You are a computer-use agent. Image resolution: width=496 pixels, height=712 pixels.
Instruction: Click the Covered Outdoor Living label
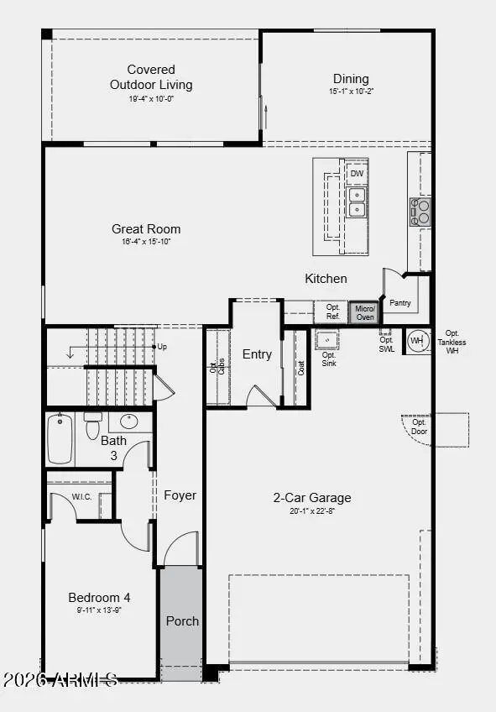151,77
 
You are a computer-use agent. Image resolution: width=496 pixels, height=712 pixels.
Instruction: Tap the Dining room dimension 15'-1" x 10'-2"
350,91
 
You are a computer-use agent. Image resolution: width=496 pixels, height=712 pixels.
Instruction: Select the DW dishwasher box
357,174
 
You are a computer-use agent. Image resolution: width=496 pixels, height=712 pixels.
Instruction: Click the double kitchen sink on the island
357,202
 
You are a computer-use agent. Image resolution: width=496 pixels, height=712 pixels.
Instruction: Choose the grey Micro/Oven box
364,313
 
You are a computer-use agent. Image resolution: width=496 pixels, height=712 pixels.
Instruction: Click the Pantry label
400,303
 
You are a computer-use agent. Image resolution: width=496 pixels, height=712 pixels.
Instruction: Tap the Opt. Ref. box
332,312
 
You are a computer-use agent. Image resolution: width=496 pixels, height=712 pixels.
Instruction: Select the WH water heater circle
416,341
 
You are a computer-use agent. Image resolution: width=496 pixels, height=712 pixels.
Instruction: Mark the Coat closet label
300,367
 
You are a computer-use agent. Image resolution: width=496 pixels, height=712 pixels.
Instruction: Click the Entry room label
257,354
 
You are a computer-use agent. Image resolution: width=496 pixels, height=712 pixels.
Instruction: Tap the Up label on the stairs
163,346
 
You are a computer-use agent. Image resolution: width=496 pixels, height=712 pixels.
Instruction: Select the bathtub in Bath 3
60,438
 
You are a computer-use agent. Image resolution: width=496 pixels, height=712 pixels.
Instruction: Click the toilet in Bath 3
93,427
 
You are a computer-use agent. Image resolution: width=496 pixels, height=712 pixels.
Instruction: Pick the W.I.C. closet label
81,496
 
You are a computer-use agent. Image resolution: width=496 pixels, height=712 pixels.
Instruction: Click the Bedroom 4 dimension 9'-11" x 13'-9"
99,610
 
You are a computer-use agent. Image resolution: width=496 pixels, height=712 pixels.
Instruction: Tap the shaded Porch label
182,621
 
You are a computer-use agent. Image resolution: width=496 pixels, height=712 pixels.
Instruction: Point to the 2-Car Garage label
312,497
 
